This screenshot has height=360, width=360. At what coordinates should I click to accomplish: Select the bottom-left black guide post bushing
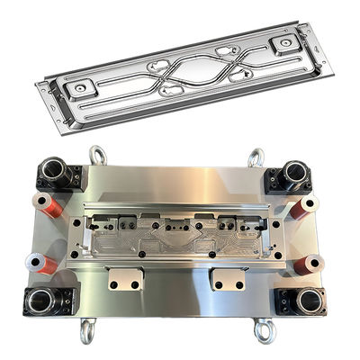(x=42, y=301)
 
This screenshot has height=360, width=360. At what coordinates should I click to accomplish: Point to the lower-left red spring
(x=40, y=263)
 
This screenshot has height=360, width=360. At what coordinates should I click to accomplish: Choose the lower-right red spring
(x=307, y=264)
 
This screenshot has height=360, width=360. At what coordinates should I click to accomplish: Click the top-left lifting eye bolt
(x=97, y=155)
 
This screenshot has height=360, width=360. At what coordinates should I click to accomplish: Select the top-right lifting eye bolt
(x=256, y=157)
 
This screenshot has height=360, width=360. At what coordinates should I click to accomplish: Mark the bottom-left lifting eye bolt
(x=88, y=332)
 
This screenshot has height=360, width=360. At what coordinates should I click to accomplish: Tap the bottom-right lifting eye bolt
(x=264, y=332)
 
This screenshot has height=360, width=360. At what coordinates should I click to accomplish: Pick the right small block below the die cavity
(x=227, y=280)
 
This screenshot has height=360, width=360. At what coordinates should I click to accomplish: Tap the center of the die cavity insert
(x=175, y=237)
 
